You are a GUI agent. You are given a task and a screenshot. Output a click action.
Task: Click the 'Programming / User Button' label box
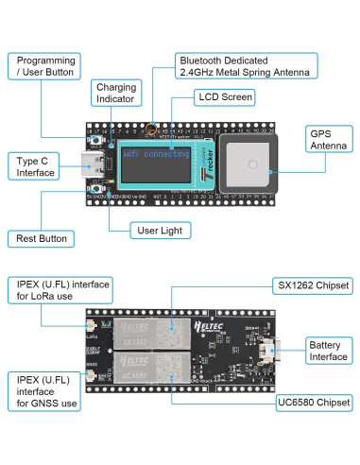(43, 65)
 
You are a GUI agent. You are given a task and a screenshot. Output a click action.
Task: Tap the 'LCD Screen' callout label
(224, 96)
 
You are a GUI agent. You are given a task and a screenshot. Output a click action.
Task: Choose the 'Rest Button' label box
(42, 239)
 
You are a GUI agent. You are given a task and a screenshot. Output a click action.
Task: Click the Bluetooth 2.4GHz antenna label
(246, 65)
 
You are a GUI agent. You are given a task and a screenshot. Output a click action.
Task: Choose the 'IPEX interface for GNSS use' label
(43, 391)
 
